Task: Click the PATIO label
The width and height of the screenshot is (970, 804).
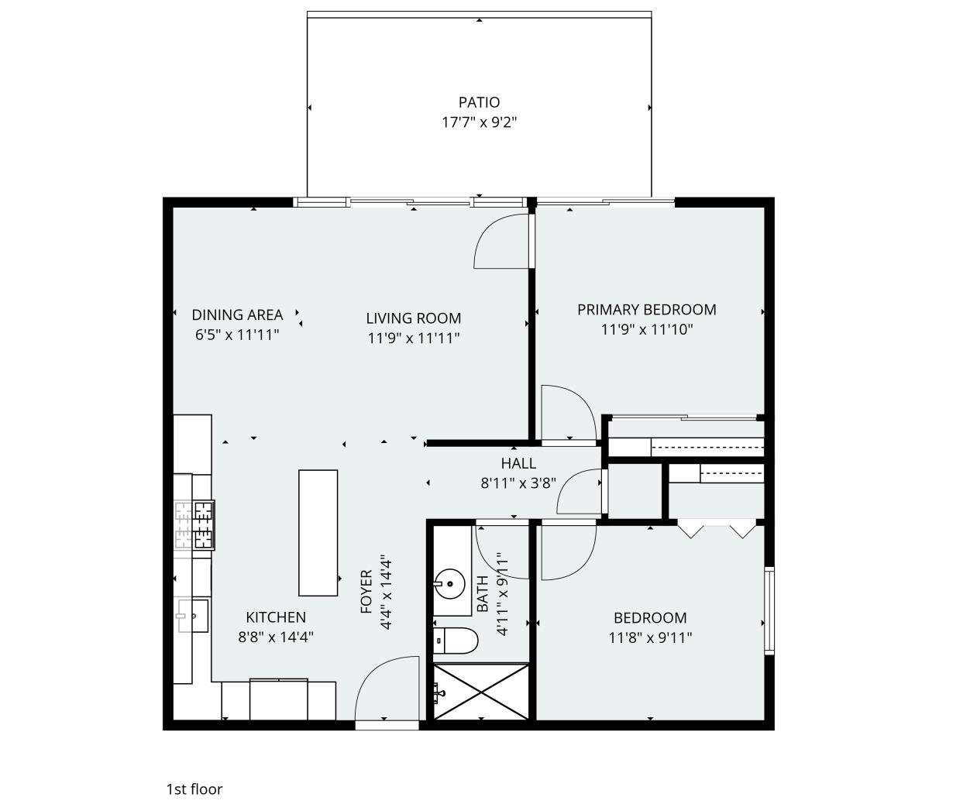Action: tap(479, 102)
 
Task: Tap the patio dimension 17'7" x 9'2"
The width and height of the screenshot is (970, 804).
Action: tap(479, 122)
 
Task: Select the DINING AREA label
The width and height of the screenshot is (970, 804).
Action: tap(237, 314)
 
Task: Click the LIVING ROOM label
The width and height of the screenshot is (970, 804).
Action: tap(413, 318)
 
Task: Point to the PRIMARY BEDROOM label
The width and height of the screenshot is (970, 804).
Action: tap(646, 310)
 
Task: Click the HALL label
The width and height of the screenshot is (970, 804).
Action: tap(518, 464)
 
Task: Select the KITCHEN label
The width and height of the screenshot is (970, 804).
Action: tap(276, 617)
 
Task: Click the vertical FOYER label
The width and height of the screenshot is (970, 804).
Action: tap(366, 593)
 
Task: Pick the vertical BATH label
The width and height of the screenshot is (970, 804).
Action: tap(483, 594)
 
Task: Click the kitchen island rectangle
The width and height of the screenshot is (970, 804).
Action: tap(318, 533)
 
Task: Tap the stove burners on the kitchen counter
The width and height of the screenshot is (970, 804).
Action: tap(194, 524)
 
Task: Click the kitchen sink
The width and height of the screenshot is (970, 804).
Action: tap(194, 616)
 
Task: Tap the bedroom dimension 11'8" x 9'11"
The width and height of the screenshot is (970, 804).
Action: tap(650, 638)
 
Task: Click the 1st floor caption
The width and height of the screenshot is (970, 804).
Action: tap(194, 789)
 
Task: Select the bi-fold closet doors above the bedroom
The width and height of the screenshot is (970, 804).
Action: tap(717, 531)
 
